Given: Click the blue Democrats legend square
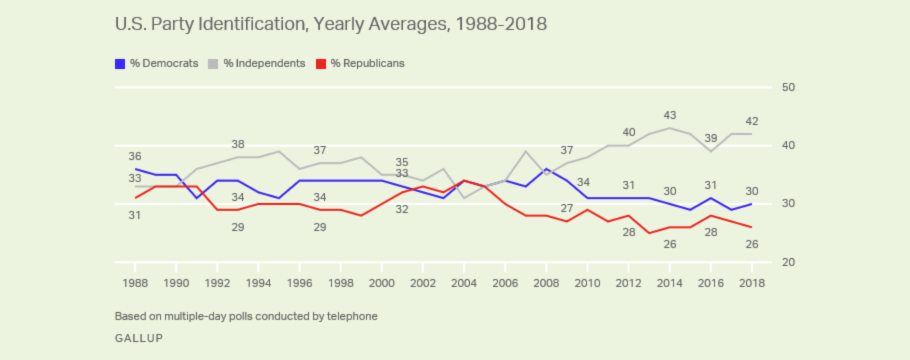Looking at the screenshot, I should click(120, 64).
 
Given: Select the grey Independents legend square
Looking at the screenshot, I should click(213, 64).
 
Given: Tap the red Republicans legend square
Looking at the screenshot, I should click(321, 64).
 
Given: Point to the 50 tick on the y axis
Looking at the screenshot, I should click(788, 88).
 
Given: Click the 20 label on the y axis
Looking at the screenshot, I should click(788, 262).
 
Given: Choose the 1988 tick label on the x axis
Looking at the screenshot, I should click(135, 283).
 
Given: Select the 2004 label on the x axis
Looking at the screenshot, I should click(464, 283).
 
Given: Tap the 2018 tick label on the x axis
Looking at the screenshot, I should click(751, 283).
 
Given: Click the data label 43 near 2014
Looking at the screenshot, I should click(669, 115).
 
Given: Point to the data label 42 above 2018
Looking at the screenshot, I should click(751, 121).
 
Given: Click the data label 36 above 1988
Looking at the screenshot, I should click(135, 156).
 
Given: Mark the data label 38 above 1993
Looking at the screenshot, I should click(238, 144).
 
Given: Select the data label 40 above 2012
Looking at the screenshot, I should click(628, 133).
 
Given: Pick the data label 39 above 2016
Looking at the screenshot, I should click(710, 138).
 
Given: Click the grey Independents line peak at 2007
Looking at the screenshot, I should click(526, 151).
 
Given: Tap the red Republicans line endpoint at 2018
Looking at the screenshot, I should click(751, 227).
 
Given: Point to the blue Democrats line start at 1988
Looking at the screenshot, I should click(135, 169).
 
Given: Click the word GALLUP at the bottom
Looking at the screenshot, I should click(139, 338).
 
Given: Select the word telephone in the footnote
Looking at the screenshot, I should click(352, 316).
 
